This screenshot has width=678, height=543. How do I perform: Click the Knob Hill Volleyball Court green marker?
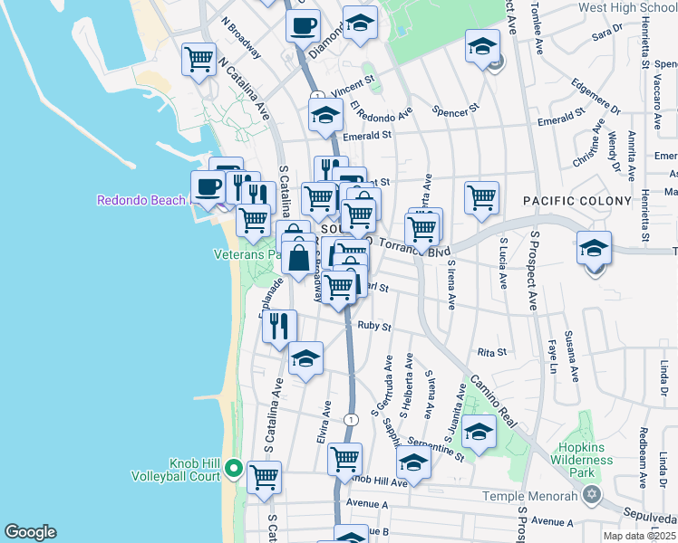click(x=233, y=468)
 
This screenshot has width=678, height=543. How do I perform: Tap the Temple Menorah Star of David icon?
click(x=593, y=494)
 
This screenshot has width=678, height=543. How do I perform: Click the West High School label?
click(x=627, y=8)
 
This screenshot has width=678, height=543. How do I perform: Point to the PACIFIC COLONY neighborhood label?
click(x=576, y=200)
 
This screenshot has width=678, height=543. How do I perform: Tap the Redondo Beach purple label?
click(x=140, y=199)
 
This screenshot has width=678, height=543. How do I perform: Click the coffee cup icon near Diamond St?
click(x=303, y=24)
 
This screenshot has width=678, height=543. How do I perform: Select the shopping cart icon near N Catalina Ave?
click(x=199, y=61)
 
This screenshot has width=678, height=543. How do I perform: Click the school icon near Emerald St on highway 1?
click(x=324, y=116)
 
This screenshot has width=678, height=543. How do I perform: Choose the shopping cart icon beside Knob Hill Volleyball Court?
click(x=264, y=477)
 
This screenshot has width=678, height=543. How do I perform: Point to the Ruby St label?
click(x=373, y=326)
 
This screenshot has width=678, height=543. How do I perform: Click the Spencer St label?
click(x=455, y=110)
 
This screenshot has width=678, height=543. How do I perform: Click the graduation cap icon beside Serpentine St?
click(x=413, y=463)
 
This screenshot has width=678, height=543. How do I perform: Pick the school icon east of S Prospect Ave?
click(x=594, y=248)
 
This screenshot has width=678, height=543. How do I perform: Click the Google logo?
click(x=30, y=532)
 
